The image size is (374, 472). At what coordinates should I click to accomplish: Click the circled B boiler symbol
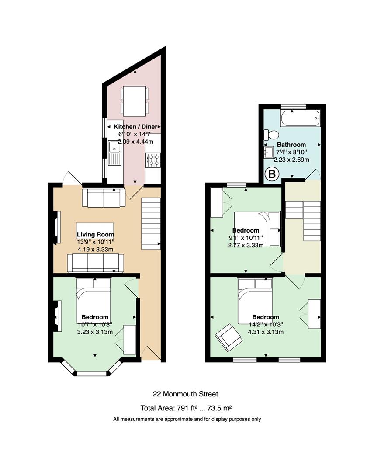[x=272, y=174]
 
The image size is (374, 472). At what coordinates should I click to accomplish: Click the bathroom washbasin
[x=268, y=153]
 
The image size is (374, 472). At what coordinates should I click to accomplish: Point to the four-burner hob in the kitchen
[x=153, y=160]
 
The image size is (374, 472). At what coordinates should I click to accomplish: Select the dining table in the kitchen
[x=135, y=101]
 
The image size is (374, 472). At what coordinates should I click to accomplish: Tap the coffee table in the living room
[x=95, y=231]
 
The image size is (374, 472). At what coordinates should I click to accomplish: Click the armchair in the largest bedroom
[x=229, y=337]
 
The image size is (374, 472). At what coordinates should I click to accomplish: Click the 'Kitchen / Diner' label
[x=135, y=127]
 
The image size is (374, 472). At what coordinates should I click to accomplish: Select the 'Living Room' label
[x=95, y=235]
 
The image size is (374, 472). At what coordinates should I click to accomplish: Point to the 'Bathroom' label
[x=291, y=145]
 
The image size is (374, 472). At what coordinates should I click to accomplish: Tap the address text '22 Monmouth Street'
[x=186, y=394]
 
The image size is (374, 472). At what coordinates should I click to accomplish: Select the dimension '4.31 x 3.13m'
[x=266, y=332]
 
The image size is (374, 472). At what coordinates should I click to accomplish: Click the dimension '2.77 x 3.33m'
[x=246, y=245]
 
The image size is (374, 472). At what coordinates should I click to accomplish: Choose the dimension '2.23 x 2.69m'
[x=291, y=160]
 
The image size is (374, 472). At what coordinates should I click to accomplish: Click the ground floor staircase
[x=151, y=223]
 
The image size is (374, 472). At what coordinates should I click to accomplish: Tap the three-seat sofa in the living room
[x=95, y=263]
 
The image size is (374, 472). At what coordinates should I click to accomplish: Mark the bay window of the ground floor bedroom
[x=92, y=368]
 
